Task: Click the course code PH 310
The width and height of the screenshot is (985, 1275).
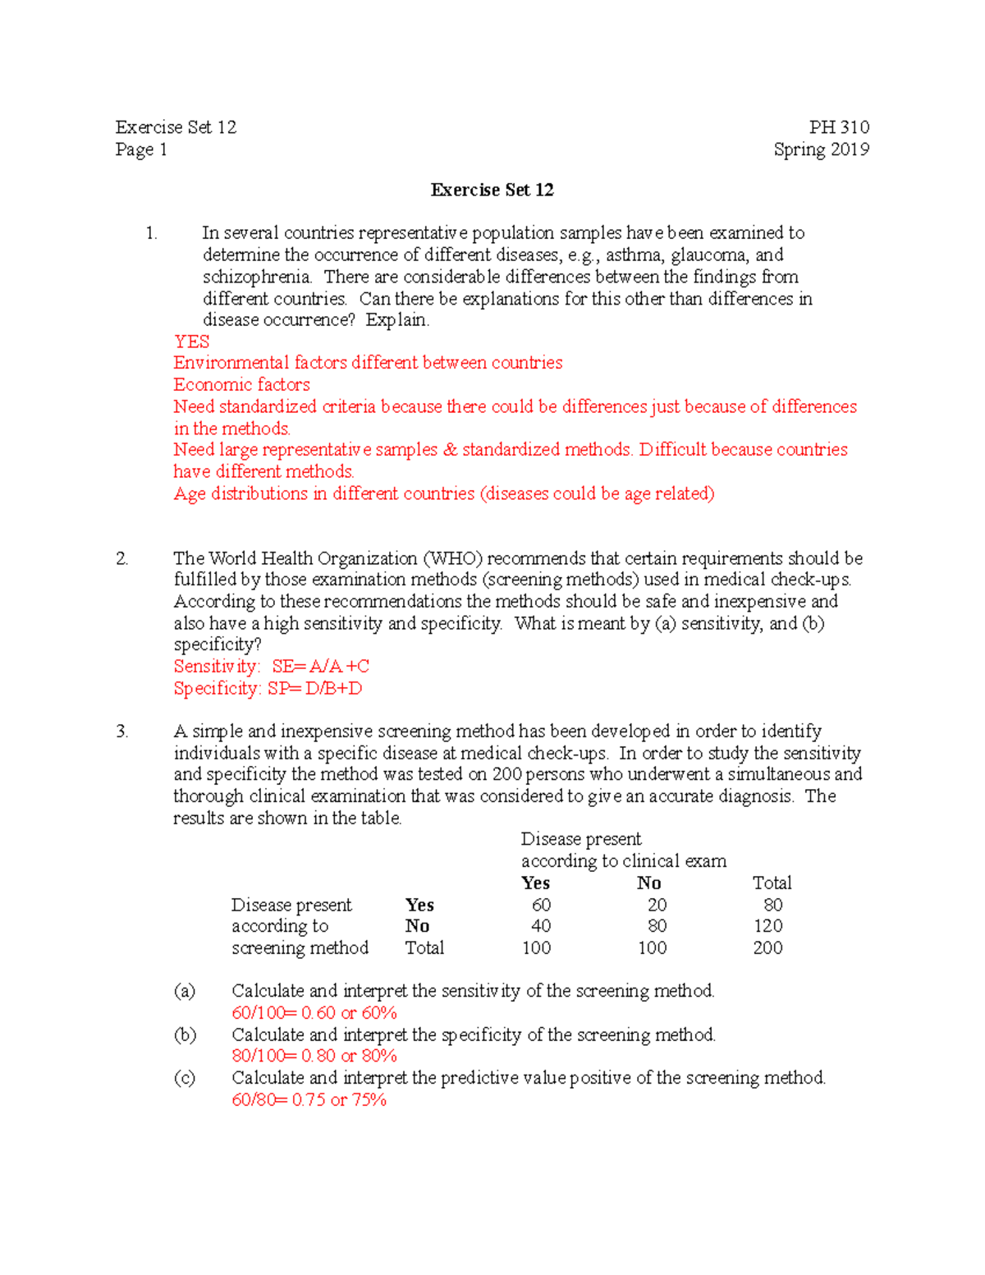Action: (x=838, y=127)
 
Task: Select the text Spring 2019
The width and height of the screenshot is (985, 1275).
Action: (x=821, y=149)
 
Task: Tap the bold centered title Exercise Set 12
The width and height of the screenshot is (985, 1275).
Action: (x=492, y=190)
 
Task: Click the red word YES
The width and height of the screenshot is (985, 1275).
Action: (x=191, y=342)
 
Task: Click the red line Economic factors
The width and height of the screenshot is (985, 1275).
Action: (x=241, y=384)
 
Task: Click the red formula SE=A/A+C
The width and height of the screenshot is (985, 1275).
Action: (x=321, y=667)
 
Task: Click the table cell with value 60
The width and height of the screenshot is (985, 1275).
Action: (x=541, y=905)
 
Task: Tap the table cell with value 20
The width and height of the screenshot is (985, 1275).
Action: (x=657, y=905)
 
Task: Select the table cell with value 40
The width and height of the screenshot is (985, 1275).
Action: (x=541, y=926)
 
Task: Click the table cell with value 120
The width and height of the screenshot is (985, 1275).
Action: (x=767, y=926)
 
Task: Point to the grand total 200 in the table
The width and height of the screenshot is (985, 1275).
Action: (x=767, y=948)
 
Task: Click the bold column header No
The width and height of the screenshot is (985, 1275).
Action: (x=648, y=883)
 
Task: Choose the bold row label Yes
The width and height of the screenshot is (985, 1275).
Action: (x=419, y=905)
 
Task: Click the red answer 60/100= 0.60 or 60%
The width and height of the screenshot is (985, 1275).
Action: (x=314, y=1013)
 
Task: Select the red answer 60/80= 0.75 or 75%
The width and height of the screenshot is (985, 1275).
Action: (x=309, y=1100)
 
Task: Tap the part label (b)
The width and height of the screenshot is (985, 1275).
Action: (x=185, y=1034)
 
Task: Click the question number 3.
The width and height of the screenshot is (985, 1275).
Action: (x=121, y=732)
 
